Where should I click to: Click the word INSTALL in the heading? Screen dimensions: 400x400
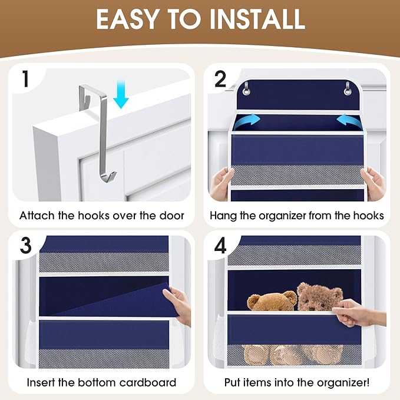tap(257, 19)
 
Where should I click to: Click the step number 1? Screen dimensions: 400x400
tap(25, 78)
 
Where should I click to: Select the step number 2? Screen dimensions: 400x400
tap(220, 79)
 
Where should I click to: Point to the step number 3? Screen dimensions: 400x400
tap(25, 246)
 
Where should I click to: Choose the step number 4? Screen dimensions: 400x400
tap(220, 246)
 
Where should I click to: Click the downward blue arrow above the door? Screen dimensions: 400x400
tap(121, 94)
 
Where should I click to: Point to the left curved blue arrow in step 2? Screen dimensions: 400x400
tap(247, 121)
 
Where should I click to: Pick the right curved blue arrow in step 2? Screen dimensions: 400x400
tap(348, 121)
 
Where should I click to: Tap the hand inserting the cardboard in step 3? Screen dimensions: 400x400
tap(178, 305)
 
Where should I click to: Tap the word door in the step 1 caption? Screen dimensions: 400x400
tap(172, 216)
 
